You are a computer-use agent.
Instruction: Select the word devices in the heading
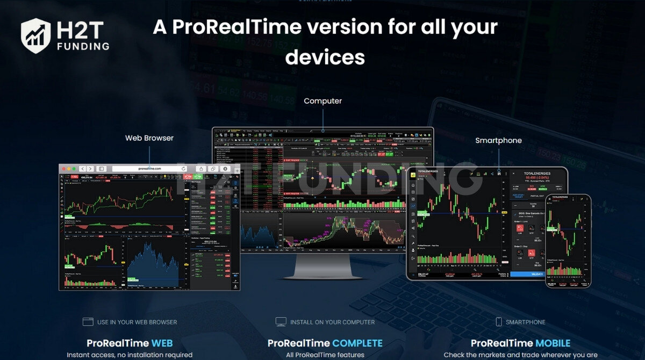pyautogui.click(x=325, y=57)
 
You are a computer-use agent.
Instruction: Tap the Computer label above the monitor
pyautogui.click(x=322, y=101)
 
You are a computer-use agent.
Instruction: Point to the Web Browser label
pyautogui.click(x=149, y=138)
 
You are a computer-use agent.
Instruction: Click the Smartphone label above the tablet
pyautogui.click(x=498, y=141)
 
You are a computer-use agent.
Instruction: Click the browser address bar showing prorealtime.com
pyautogui.click(x=149, y=169)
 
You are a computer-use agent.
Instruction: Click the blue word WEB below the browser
pyautogui.click(x=162, y=343)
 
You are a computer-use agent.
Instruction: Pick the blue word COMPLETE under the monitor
pyautogui.click(x=357, y=343)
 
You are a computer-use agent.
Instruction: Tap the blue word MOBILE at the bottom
pyautogui.click(x=553, y=343)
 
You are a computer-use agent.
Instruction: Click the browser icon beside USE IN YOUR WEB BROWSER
pyautogui.click(x=88, y=322)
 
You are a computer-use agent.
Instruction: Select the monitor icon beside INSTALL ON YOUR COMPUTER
pyautogui.click(x=281, y=322)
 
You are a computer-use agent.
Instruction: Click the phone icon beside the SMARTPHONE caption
pyautogui.click(x=499, y=322)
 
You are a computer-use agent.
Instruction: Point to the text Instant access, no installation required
pyautogui.click(x=130, y=355)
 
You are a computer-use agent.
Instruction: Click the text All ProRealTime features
pyautogui.click(x=325, y=355)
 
